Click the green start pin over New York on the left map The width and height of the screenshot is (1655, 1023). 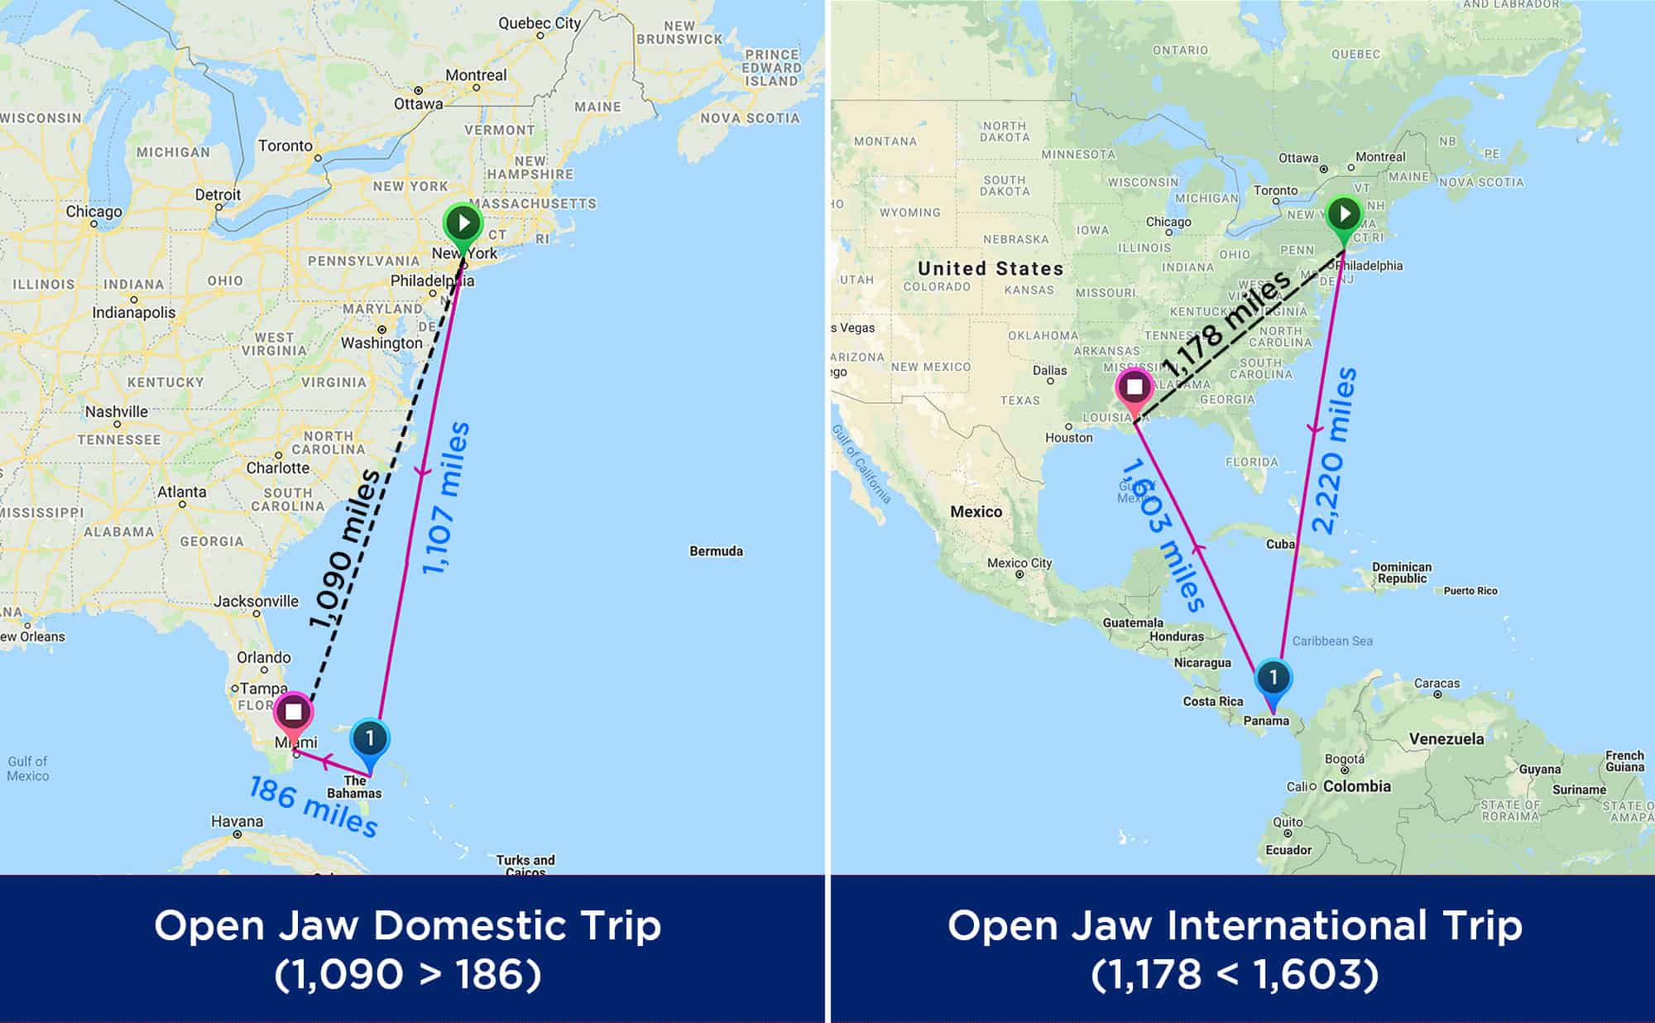(463, 223)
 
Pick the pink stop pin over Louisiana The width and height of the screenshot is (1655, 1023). (1135, 387)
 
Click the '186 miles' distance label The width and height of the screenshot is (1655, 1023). (314, 806)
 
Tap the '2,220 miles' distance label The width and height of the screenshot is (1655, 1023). (1334, 451)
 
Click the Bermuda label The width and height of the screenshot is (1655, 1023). (716, 551)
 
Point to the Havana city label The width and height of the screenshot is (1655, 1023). (237, 822)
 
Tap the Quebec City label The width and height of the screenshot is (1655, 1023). (540, 23)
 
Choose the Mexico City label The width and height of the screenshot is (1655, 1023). (1019, 563)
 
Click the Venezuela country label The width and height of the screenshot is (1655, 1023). (1446, 738)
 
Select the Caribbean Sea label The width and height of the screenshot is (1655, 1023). (1332, 641)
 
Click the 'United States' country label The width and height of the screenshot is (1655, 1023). (991, 268)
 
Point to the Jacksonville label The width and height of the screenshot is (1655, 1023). (257, 601)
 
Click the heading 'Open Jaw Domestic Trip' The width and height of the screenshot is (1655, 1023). (408, 925)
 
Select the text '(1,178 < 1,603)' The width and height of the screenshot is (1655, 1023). (1235, 975)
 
